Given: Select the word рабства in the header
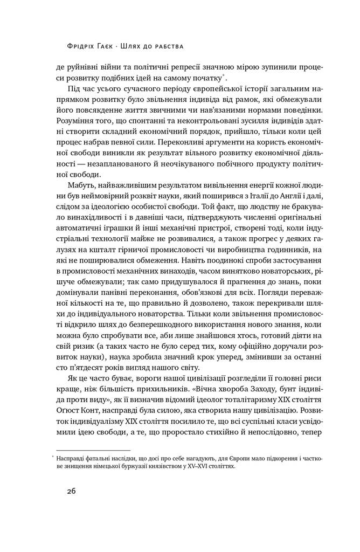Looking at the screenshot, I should [168, 46].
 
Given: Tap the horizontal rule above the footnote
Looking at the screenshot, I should [93, 450].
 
